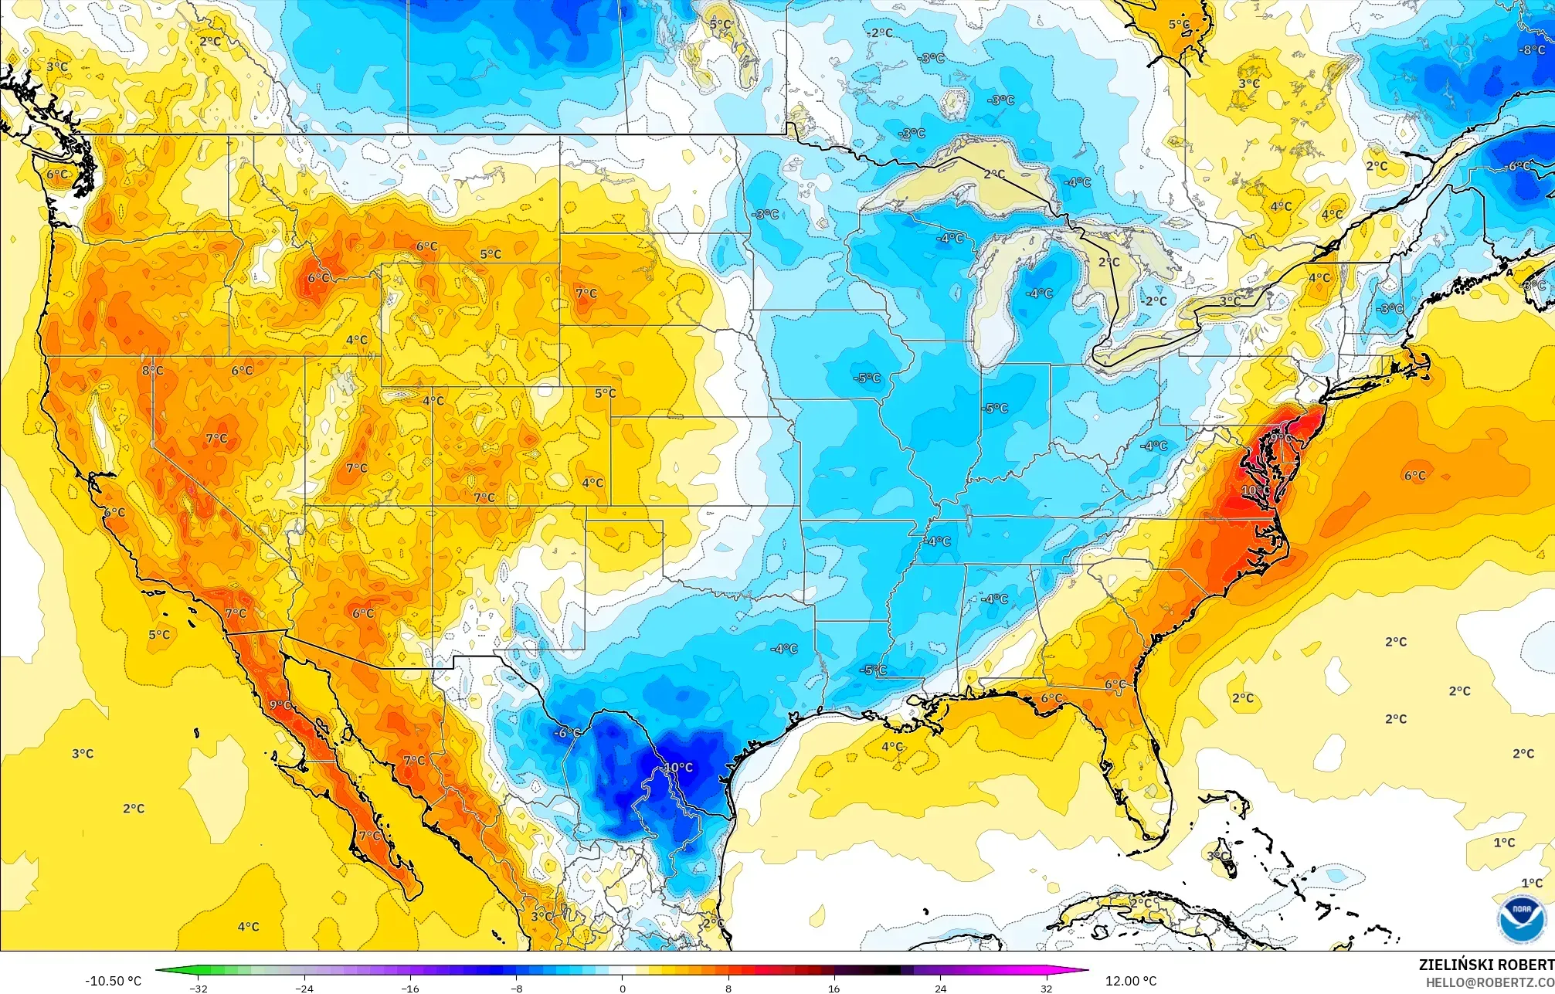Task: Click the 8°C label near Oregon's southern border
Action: tap(152, 371)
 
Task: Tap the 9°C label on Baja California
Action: tap(280, 705)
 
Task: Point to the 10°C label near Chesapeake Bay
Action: tap(1255, 490)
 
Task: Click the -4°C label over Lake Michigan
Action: tap(1039, 293)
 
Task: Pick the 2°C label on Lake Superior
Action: tap(994, 175)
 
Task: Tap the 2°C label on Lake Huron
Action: tap(1109, 263)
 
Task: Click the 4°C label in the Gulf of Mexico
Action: tap(892, 747)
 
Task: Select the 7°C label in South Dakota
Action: tap(586, 293)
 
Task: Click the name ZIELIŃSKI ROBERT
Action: tap(1485, 965)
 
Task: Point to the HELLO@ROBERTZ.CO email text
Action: tap(1489, 982)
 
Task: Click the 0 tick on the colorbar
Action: tap(623, 988)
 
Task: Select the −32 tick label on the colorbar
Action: tap(199, 988)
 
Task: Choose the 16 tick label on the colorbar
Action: tap(834, 988)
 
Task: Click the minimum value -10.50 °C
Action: tap(113, 981)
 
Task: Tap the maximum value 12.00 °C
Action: tap(1131, 981)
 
